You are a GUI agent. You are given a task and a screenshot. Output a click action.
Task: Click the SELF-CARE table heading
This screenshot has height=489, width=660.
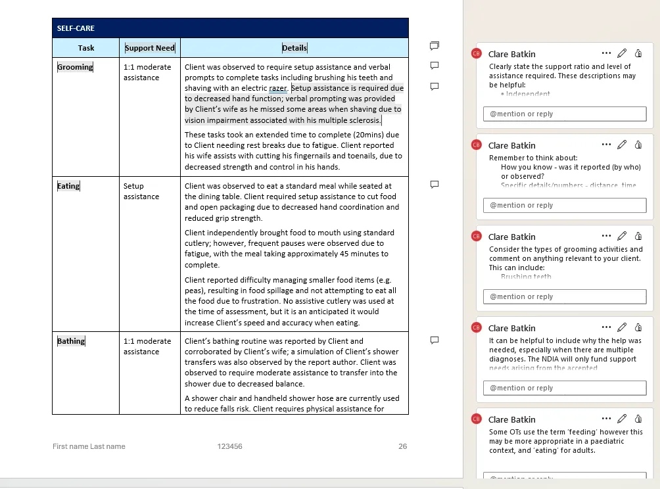(76, 28)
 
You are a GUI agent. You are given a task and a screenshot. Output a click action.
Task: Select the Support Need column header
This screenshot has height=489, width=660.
(150, 48)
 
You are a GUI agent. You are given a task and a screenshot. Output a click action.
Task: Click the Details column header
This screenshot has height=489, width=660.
(295, 48)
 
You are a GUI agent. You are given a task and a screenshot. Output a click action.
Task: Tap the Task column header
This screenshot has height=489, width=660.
(86, 48)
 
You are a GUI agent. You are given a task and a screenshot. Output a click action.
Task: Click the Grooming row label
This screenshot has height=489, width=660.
(75, 67)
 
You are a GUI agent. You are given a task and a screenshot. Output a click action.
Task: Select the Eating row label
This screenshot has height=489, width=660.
(68, 186)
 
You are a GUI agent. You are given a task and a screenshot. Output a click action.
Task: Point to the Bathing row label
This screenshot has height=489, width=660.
(71, 341)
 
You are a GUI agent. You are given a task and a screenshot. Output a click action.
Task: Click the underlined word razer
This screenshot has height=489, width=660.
(278, 88)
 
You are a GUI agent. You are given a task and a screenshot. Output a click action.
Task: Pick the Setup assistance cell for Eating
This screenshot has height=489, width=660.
(141, 191)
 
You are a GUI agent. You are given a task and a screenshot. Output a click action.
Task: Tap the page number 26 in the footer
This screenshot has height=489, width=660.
(402, 446)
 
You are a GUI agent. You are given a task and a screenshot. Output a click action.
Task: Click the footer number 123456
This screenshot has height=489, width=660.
(230, 446)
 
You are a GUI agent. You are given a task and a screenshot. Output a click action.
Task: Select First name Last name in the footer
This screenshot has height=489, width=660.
(89, 446)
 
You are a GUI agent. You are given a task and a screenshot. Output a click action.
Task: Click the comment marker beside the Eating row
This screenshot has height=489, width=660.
(434, 185)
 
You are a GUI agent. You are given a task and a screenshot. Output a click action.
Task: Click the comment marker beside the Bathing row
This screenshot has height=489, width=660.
(434, 340)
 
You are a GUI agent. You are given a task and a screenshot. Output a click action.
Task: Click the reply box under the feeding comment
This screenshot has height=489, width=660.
(565, 479)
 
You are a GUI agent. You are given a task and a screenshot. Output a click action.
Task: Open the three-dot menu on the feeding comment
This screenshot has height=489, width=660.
(606, 419)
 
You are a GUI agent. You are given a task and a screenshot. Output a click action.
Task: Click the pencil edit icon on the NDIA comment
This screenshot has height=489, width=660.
(622, 327)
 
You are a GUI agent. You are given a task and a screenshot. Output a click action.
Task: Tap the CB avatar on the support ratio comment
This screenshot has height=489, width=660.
(477, 54)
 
